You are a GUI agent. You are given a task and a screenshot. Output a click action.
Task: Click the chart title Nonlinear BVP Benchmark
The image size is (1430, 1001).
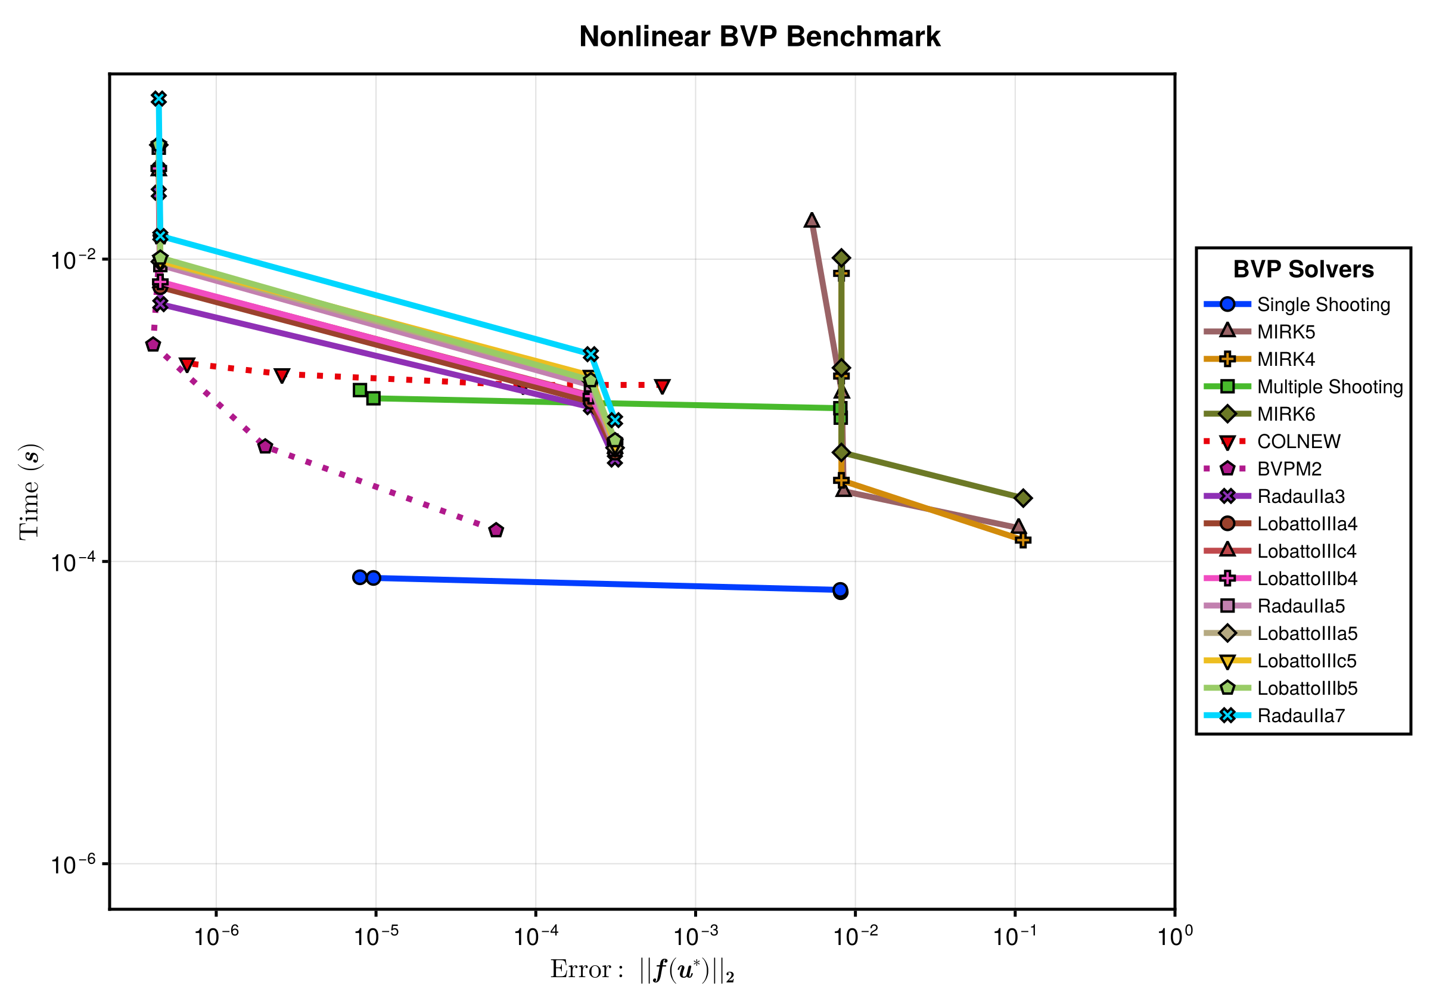tap(759, 37)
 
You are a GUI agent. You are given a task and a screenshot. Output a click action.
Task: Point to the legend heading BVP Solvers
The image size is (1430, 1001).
tap(1304, 269)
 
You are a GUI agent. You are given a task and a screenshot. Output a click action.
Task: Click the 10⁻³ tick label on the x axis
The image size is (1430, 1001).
tap(696, 935)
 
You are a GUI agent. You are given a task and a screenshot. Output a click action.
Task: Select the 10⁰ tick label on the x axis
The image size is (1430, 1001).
tap(1174, 935)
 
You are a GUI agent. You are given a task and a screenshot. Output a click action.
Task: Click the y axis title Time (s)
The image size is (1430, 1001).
tap(29, 492)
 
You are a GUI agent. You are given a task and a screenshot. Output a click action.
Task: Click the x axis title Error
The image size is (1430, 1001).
tap(642, 970)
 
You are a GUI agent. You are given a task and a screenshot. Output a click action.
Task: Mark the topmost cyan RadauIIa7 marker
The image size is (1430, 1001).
tap(159, 99)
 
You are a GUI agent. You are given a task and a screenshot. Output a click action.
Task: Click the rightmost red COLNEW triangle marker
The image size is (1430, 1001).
tap(662, 386)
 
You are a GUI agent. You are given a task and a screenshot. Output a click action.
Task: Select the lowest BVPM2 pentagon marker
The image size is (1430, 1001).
tap(496, 530)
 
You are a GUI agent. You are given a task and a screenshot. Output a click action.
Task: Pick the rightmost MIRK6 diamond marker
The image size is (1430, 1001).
tap(1022, 498)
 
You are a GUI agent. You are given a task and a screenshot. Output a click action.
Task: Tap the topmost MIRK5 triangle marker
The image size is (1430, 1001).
tap(812, 220)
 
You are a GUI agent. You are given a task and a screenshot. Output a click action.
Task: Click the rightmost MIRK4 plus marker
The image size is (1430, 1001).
tap(1022, 540)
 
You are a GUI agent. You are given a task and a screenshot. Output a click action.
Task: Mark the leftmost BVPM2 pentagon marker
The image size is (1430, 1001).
tap(153, 344)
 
